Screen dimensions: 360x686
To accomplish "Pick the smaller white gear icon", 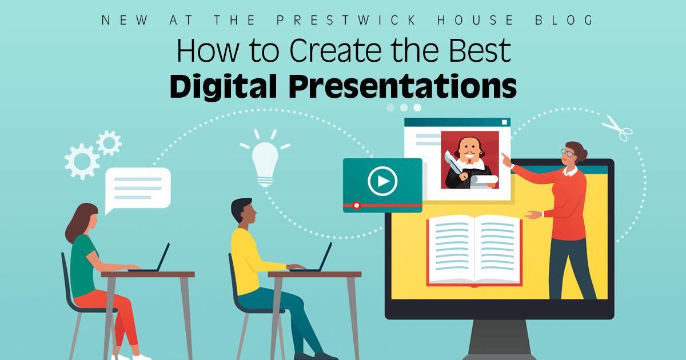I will (109, 142).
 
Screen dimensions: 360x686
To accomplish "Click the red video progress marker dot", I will (357, 205).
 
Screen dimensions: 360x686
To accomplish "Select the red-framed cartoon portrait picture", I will (469, 160).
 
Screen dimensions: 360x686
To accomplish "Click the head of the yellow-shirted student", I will (242, 211).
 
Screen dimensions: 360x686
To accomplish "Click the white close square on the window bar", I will (504, 122).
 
